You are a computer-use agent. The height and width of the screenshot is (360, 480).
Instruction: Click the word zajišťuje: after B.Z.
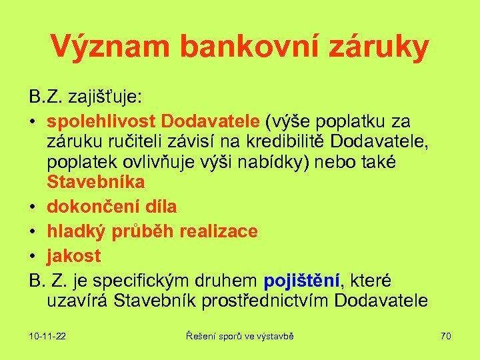pyautogui.click(x=107, y=97)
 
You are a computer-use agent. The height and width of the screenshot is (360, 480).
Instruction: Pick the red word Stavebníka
pyautogui.click(x=96, y=181)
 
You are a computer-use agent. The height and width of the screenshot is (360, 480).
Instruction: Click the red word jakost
pyautogui.click(x=74, y=255)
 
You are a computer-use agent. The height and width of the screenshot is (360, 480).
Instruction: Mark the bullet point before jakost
pyautogui.click(x=33, y=256)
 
